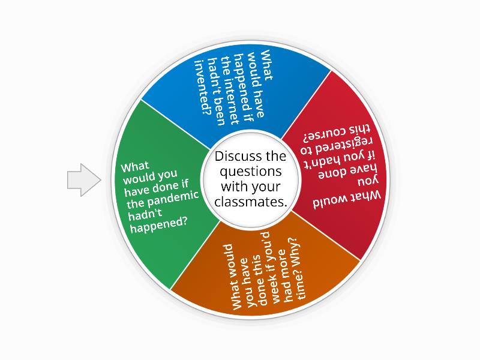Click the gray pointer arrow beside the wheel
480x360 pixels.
[84, 179]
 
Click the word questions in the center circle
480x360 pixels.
[251, 172]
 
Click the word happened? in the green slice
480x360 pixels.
[159, 226]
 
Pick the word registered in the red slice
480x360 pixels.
[336, 146]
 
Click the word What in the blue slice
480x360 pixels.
[266, 65]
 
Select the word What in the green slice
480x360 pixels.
[135, 167]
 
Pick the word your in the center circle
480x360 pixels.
[265, 188]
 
